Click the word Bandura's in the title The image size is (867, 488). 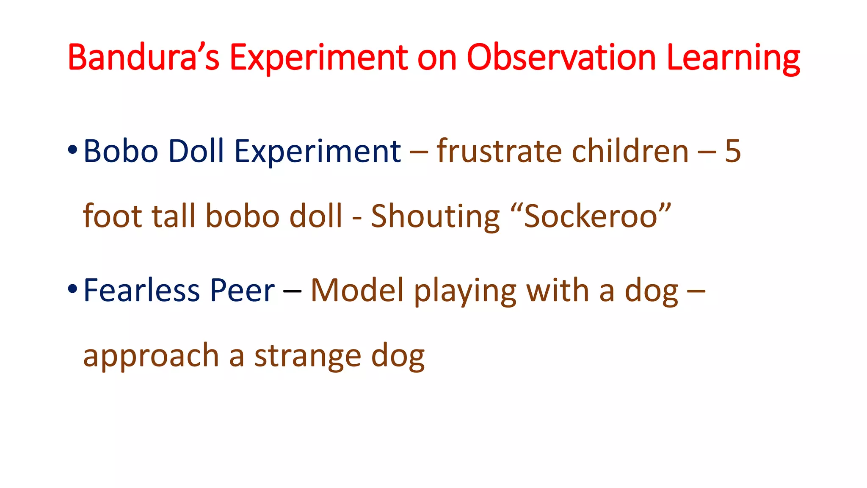(x=143, y=58)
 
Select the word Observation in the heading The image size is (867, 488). (x=561, y=58)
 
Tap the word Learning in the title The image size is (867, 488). (x=733, y=58)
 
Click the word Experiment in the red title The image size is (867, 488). (x=319, y=58)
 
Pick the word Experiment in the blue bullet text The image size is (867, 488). (x=318, y=152)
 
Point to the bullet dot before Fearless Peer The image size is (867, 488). (x=72, y=289)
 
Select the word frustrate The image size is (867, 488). (x=500, y=151)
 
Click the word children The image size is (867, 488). (x=630, y=151)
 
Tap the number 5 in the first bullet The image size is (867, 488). (x=732, y=151)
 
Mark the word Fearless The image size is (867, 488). (x=141, y=291)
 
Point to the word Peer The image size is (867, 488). (x=243, y=291)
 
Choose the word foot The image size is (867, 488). (x=112, y=216)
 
